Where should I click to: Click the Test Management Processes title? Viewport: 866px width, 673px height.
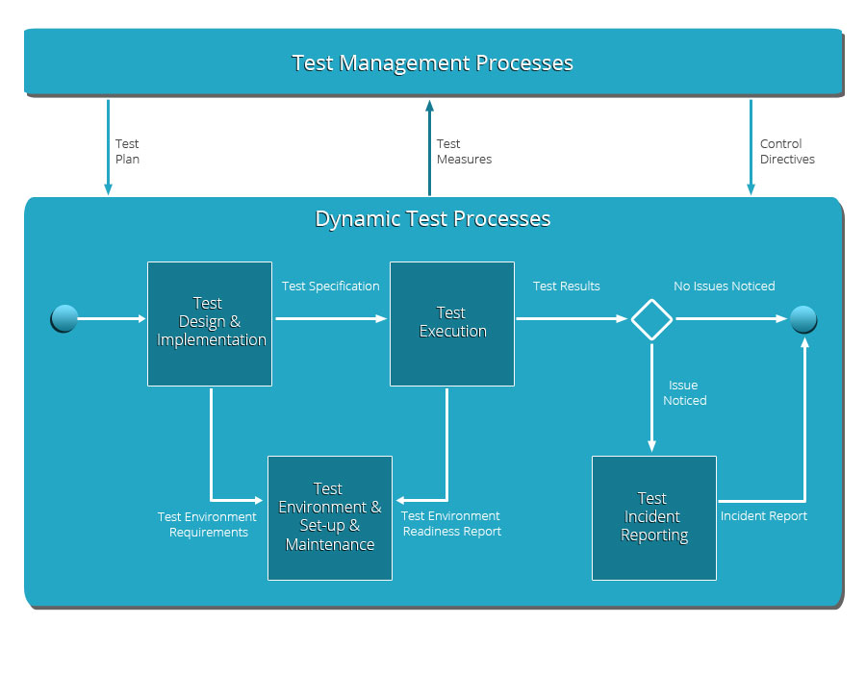click(432, 62)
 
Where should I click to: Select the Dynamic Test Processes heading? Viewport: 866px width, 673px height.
click(432, 219)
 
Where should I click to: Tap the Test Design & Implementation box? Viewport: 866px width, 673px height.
click(210, 324)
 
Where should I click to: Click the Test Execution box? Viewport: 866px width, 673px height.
click(452, 324)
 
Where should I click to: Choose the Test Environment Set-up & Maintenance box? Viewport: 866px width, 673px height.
click(330, 518)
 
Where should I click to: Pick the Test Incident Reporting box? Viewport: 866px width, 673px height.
click(654, 518)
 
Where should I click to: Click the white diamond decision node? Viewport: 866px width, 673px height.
click(651, 319)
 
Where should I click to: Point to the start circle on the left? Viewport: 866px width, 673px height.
click(64, 319)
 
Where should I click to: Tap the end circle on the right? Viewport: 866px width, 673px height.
click(803, 319)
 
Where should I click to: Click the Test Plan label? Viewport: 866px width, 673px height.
click(127, 151)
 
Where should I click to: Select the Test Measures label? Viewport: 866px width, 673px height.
click(464, 151)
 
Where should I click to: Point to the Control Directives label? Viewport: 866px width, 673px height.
click(787, 151)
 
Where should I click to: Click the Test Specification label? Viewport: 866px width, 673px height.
click(331, 287)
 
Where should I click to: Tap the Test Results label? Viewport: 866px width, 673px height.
click(566, 286)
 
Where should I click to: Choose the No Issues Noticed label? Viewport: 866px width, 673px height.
click(724, 286)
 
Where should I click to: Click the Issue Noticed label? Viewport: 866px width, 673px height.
click(685, 393)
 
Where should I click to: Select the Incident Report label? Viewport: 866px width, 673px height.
click(764, 515)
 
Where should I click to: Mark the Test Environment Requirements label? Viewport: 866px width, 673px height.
click(207, 525)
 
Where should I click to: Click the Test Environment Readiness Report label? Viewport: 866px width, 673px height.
click(451, 524)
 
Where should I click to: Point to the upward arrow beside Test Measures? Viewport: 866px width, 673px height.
click(430, 148)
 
